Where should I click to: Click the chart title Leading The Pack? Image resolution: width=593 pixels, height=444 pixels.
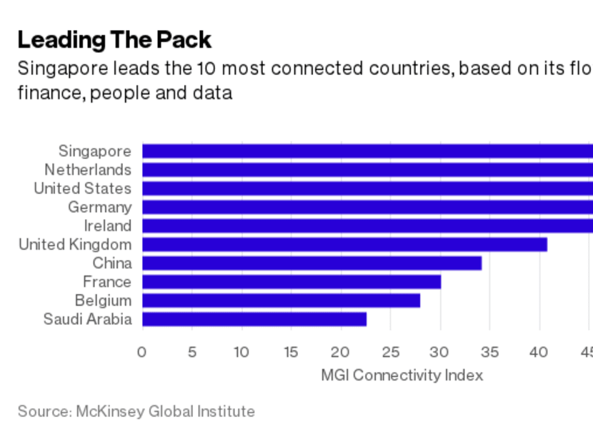(x=114, y=40)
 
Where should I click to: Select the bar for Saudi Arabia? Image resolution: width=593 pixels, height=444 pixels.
(x=254, y=319)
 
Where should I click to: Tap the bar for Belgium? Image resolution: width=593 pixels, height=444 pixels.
(x=281, y=301)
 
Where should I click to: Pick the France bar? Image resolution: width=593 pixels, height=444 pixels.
(x=291, y=282)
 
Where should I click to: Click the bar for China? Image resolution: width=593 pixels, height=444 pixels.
(x=312, y=263)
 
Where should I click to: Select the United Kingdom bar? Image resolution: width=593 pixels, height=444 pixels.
(x=344, y=245)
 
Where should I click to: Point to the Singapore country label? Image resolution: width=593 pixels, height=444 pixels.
(x=95, y=151)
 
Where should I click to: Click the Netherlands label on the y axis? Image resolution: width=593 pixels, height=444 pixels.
(x=88, y=170)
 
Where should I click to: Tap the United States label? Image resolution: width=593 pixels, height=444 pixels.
(x=83, y=188)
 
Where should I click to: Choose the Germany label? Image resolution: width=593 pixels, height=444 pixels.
(x=100, y=207)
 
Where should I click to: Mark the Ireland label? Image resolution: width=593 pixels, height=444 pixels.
(x=108, y=226)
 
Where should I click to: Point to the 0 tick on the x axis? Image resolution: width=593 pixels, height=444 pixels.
(x=142, y=352)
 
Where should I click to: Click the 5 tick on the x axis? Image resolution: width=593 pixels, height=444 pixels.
(x=192, y=352)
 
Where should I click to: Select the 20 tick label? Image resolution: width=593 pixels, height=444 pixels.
(x=341, y=352)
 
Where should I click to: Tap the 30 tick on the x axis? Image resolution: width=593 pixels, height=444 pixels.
(x=440, y=352)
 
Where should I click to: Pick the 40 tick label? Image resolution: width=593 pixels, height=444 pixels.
(x=539, y=352)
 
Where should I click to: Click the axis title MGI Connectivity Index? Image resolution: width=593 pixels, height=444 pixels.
(x=402, y=375)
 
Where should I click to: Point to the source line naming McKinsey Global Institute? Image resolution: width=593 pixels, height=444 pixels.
(x=136, y=411)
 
